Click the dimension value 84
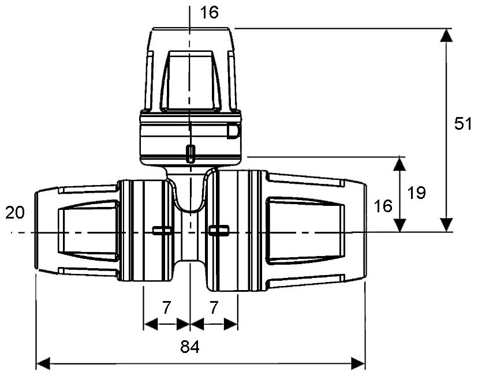click(x=190, y=347)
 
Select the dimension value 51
click(x=464, y=125)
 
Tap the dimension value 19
click(x=416, y=193)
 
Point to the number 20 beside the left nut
click(x=15, y=213)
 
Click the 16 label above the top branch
click(x=210, y=13)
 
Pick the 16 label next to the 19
click(x=383, y=206)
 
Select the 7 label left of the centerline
click(x=166, y=307)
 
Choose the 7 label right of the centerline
click(x=214, y=307)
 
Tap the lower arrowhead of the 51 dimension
click(x=445, y=224)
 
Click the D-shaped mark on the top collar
click(x=233, y=131)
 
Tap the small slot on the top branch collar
click(x=190, y=153)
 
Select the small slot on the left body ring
click(x=162, y=231)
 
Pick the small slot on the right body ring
click(x=219, y=231)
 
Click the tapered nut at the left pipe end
click(x=75, y=231)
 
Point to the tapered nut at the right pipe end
click(x=315, y=231)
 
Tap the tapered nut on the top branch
click(x=190, y=69)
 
